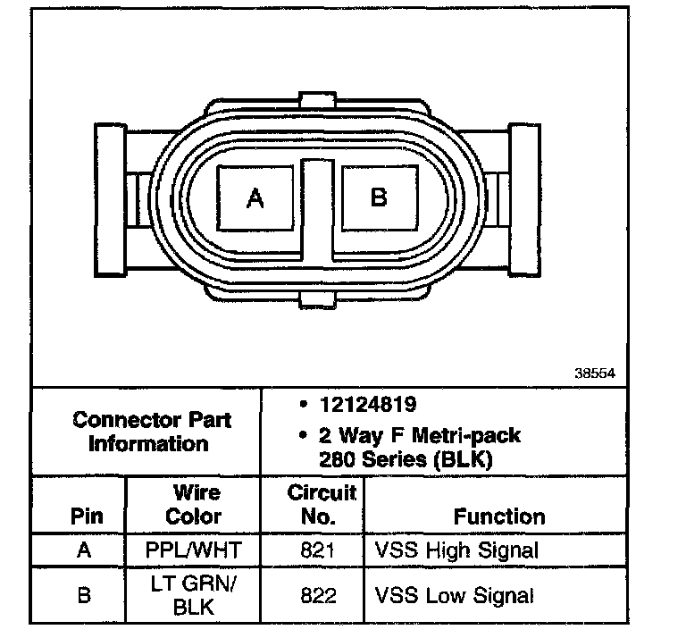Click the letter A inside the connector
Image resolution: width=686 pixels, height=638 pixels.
[255, 198]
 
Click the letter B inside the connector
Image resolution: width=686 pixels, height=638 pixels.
[379, 197]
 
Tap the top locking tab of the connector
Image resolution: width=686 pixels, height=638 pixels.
[317, 100]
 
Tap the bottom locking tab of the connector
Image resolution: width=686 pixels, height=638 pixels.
[318, 300]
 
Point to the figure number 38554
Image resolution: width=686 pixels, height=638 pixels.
[595, 374]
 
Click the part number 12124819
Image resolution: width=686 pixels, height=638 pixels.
[368, 404]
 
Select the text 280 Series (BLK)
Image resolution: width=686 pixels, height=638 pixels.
[406, 460]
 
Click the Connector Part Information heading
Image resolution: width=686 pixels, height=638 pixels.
[151, 432]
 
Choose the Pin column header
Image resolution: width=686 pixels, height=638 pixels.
[87, 516]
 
